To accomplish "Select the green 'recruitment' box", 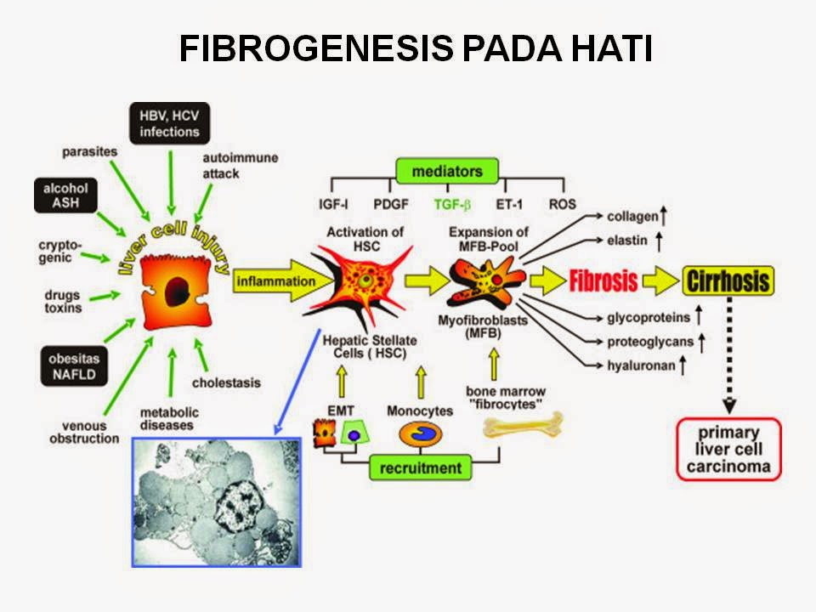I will (x=420, y=467).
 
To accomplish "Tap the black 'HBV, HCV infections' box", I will (x=171, y=122).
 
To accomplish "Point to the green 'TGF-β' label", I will (x=452, y=204).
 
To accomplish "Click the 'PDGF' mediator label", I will (x=391, y=204).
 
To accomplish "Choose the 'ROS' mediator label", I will (x=562, y=204).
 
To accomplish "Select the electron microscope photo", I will (x=217, y=501).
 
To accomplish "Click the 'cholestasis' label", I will (x=226, y=382).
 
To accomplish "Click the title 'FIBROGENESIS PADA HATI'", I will (x=416, y=49).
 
